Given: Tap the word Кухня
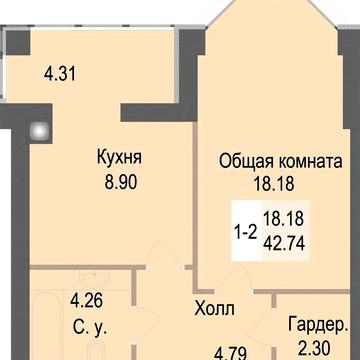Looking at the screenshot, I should (118, 157).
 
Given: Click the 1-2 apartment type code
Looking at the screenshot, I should (243, 228).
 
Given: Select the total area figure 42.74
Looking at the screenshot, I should (284, 239).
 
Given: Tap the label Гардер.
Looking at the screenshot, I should (318, 326).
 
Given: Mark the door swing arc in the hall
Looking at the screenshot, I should (150, 290).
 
